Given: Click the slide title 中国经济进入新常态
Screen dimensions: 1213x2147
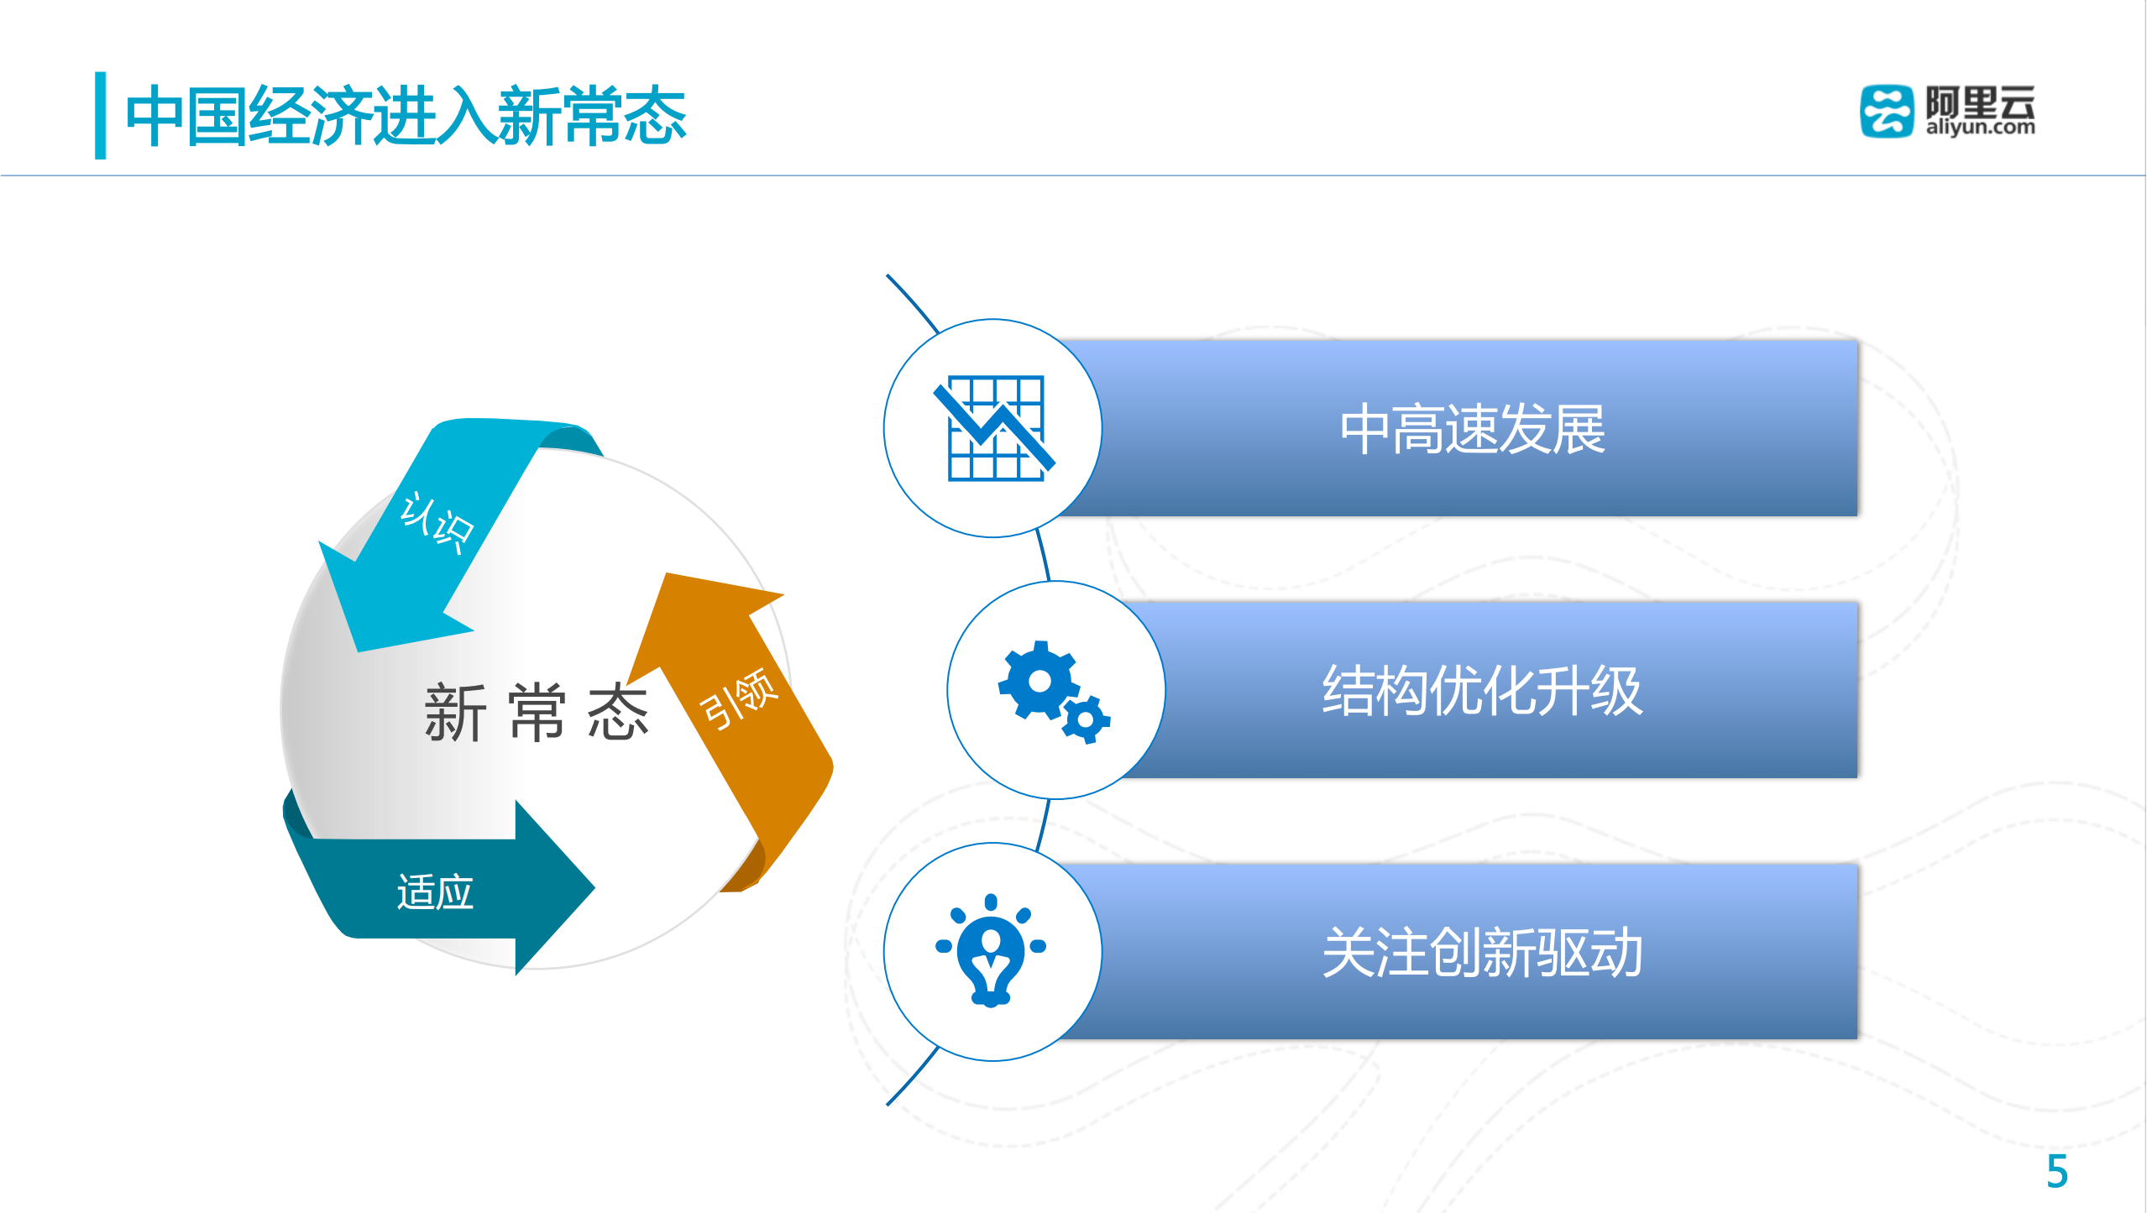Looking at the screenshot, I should tap(406, 116).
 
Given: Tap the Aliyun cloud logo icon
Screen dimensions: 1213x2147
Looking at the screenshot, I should tap(1886, 111).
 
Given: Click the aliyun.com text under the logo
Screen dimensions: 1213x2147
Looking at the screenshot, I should tap(1980, 128).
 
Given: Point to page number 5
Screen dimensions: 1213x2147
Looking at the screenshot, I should tap(2056, 1171).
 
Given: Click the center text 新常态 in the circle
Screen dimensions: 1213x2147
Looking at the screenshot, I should tap(536, 713).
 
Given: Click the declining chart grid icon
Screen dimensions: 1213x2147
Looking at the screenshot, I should tap(995, 428).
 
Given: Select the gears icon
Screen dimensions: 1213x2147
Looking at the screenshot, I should tap(1053, 691).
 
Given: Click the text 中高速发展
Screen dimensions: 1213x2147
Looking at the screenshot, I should tap(1473, 429).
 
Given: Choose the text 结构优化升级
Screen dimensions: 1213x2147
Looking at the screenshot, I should tap(1482, 691).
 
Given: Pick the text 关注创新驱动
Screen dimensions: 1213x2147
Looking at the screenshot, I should tap(1482, 953).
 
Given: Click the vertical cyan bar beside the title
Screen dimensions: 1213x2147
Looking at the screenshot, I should tap(101, 116).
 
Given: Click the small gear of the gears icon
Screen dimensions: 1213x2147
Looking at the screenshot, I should tap(1086, 719).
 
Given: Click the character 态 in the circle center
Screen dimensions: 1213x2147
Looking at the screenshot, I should tap(618, 713).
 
